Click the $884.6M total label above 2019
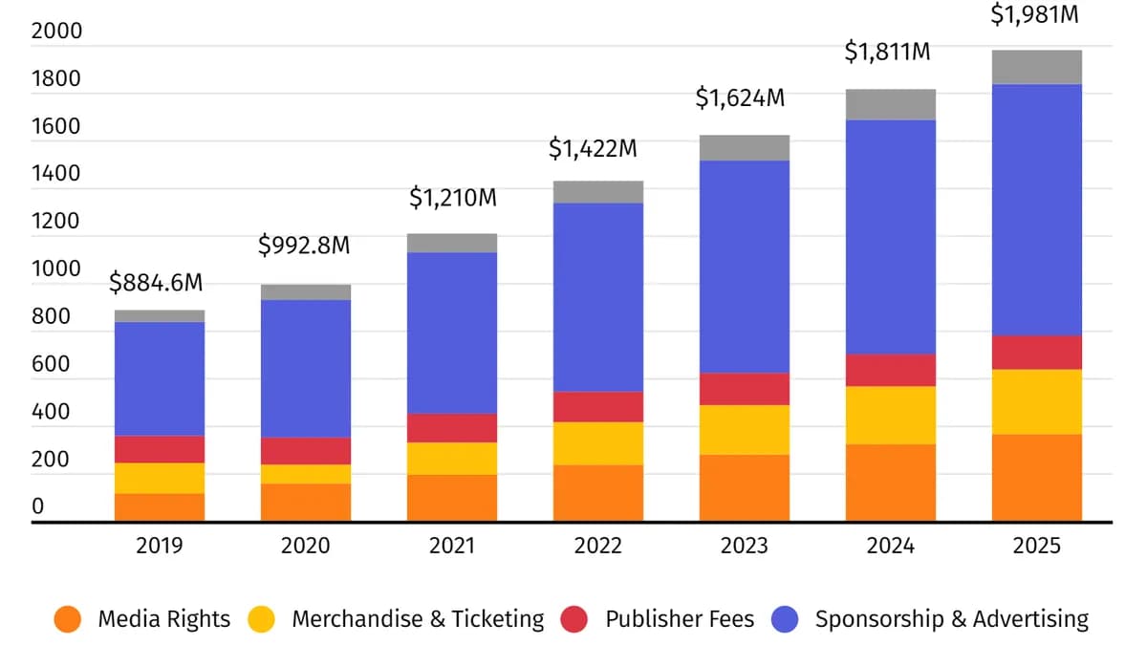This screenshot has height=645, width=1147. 156,283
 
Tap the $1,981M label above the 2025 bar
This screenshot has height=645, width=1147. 1037,15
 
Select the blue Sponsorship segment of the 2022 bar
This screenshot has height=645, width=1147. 598,297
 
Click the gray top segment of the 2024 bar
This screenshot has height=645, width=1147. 891,104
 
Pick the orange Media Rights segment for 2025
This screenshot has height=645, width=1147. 1037,478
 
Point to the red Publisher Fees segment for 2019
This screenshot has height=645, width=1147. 160,449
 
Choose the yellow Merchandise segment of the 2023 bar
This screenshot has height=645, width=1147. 745,430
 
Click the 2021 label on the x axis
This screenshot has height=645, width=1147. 452,546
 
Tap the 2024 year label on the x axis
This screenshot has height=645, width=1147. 891,546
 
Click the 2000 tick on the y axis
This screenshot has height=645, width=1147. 56,32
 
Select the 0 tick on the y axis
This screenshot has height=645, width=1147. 38,506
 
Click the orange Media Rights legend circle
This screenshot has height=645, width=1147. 69,619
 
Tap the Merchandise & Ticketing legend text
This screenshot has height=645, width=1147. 418,619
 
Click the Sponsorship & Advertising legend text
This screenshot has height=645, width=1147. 951,619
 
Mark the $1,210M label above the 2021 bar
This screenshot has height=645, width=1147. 452,199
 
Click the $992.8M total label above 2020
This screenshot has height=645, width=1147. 304,246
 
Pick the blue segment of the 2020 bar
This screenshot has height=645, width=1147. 306,369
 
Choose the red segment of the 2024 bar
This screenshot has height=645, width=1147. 891,370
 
